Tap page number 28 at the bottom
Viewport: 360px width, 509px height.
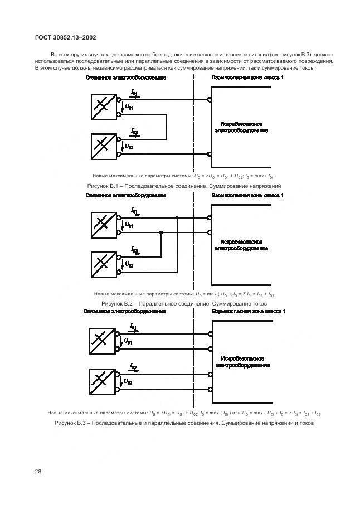[x=38, y=471]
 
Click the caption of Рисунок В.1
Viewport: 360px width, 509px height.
[x=184, y=186]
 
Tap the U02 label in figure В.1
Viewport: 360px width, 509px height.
[x=129, y=147]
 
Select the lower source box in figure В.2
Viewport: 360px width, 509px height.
[x=103, y=264]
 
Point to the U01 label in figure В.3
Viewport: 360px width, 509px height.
[x=128, y=341]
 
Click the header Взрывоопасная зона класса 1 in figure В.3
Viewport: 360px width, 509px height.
[x=249, y=312]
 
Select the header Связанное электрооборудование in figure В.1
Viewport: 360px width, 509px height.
[x=126, y=78]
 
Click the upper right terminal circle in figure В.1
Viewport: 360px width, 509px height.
[x=210, y=100]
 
